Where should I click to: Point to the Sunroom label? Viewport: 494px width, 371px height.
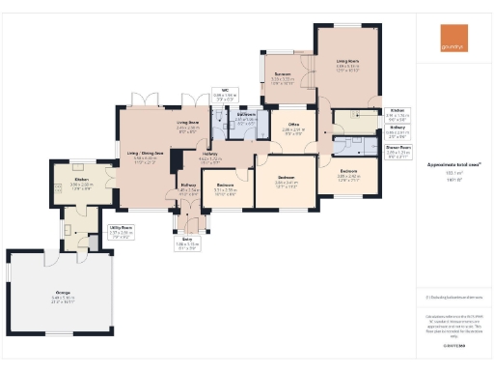(x=282, y=77)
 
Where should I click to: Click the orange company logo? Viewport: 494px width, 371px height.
(x=452, y=44)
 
